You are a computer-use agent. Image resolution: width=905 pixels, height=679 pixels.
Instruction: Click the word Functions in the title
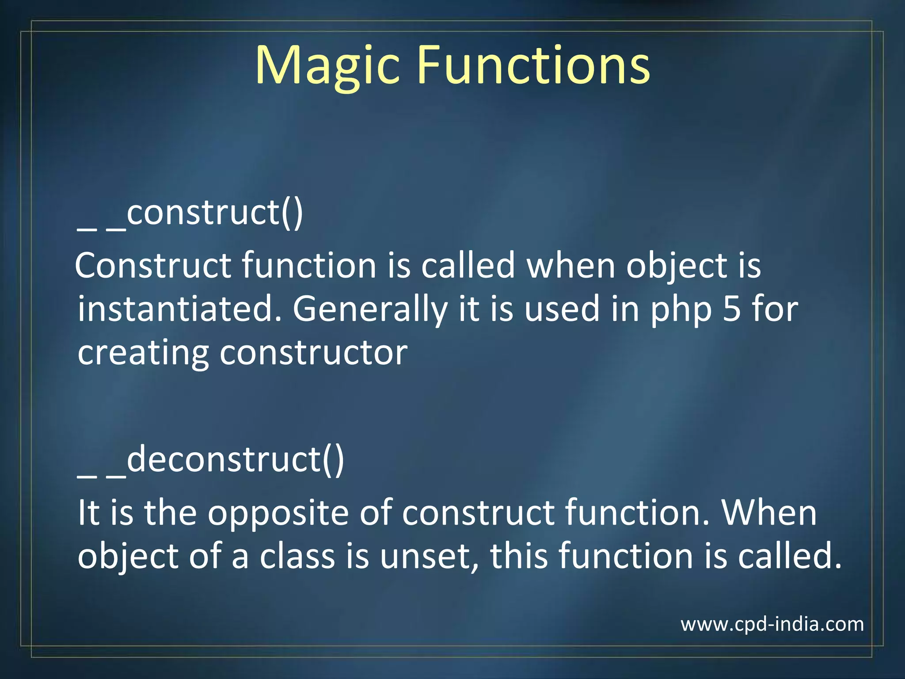tap(533, 65)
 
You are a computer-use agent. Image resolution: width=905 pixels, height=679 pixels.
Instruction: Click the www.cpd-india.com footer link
tap(772, 624)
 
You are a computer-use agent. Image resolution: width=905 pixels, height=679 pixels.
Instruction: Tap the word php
tap(681, 312)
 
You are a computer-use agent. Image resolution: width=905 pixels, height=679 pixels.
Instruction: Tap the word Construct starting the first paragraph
tap(153, 265)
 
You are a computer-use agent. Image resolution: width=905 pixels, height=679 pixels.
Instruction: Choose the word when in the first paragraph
tap(570, 265)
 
